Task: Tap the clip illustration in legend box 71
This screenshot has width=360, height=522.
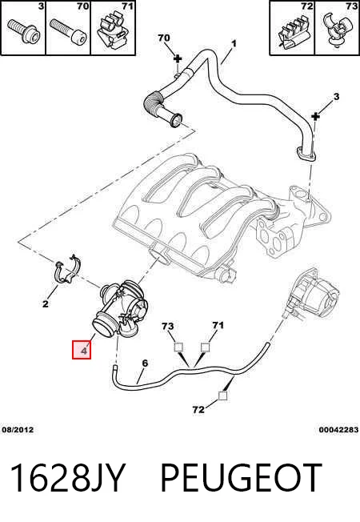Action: pyautogui.click(x=113, y=29)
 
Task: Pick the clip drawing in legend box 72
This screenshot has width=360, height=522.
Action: pyautogui.click(x=291, y=32)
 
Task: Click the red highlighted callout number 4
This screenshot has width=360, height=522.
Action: pyautogui.click(x=82, y=350)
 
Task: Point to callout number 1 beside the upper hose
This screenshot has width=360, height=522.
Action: pyautogui.click(x=234, y=43)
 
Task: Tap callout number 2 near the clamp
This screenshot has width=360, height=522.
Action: pyautogui.click(x=46, y=303)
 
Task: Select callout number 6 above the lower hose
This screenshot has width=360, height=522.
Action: pyautogui.click(x=145, y=363)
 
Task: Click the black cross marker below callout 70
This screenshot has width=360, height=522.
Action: pyautogui.click(x=178, y=59)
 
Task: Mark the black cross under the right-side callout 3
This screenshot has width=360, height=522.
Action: pyautogui.click(x=315, y=116)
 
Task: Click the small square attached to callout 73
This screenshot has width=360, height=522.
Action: pyautogui.click(x=178, y=347)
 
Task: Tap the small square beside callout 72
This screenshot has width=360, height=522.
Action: pyautogui.click(x=222, y=396)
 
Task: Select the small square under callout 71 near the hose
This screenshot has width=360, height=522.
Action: pyautogui.click(x=205, y=347)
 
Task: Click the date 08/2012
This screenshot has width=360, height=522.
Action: pyautogui.click(x=18, y=430)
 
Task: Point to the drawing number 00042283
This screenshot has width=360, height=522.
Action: pyautogui.click(x=338, y=430)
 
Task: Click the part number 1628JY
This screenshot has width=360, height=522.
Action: pyautogui.click(x=68, y=478)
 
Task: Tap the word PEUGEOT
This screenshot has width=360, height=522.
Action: pyautogui.click(x=242, y=478)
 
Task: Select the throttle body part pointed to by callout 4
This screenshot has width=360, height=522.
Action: pyautogui.click(x=120, y=310)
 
